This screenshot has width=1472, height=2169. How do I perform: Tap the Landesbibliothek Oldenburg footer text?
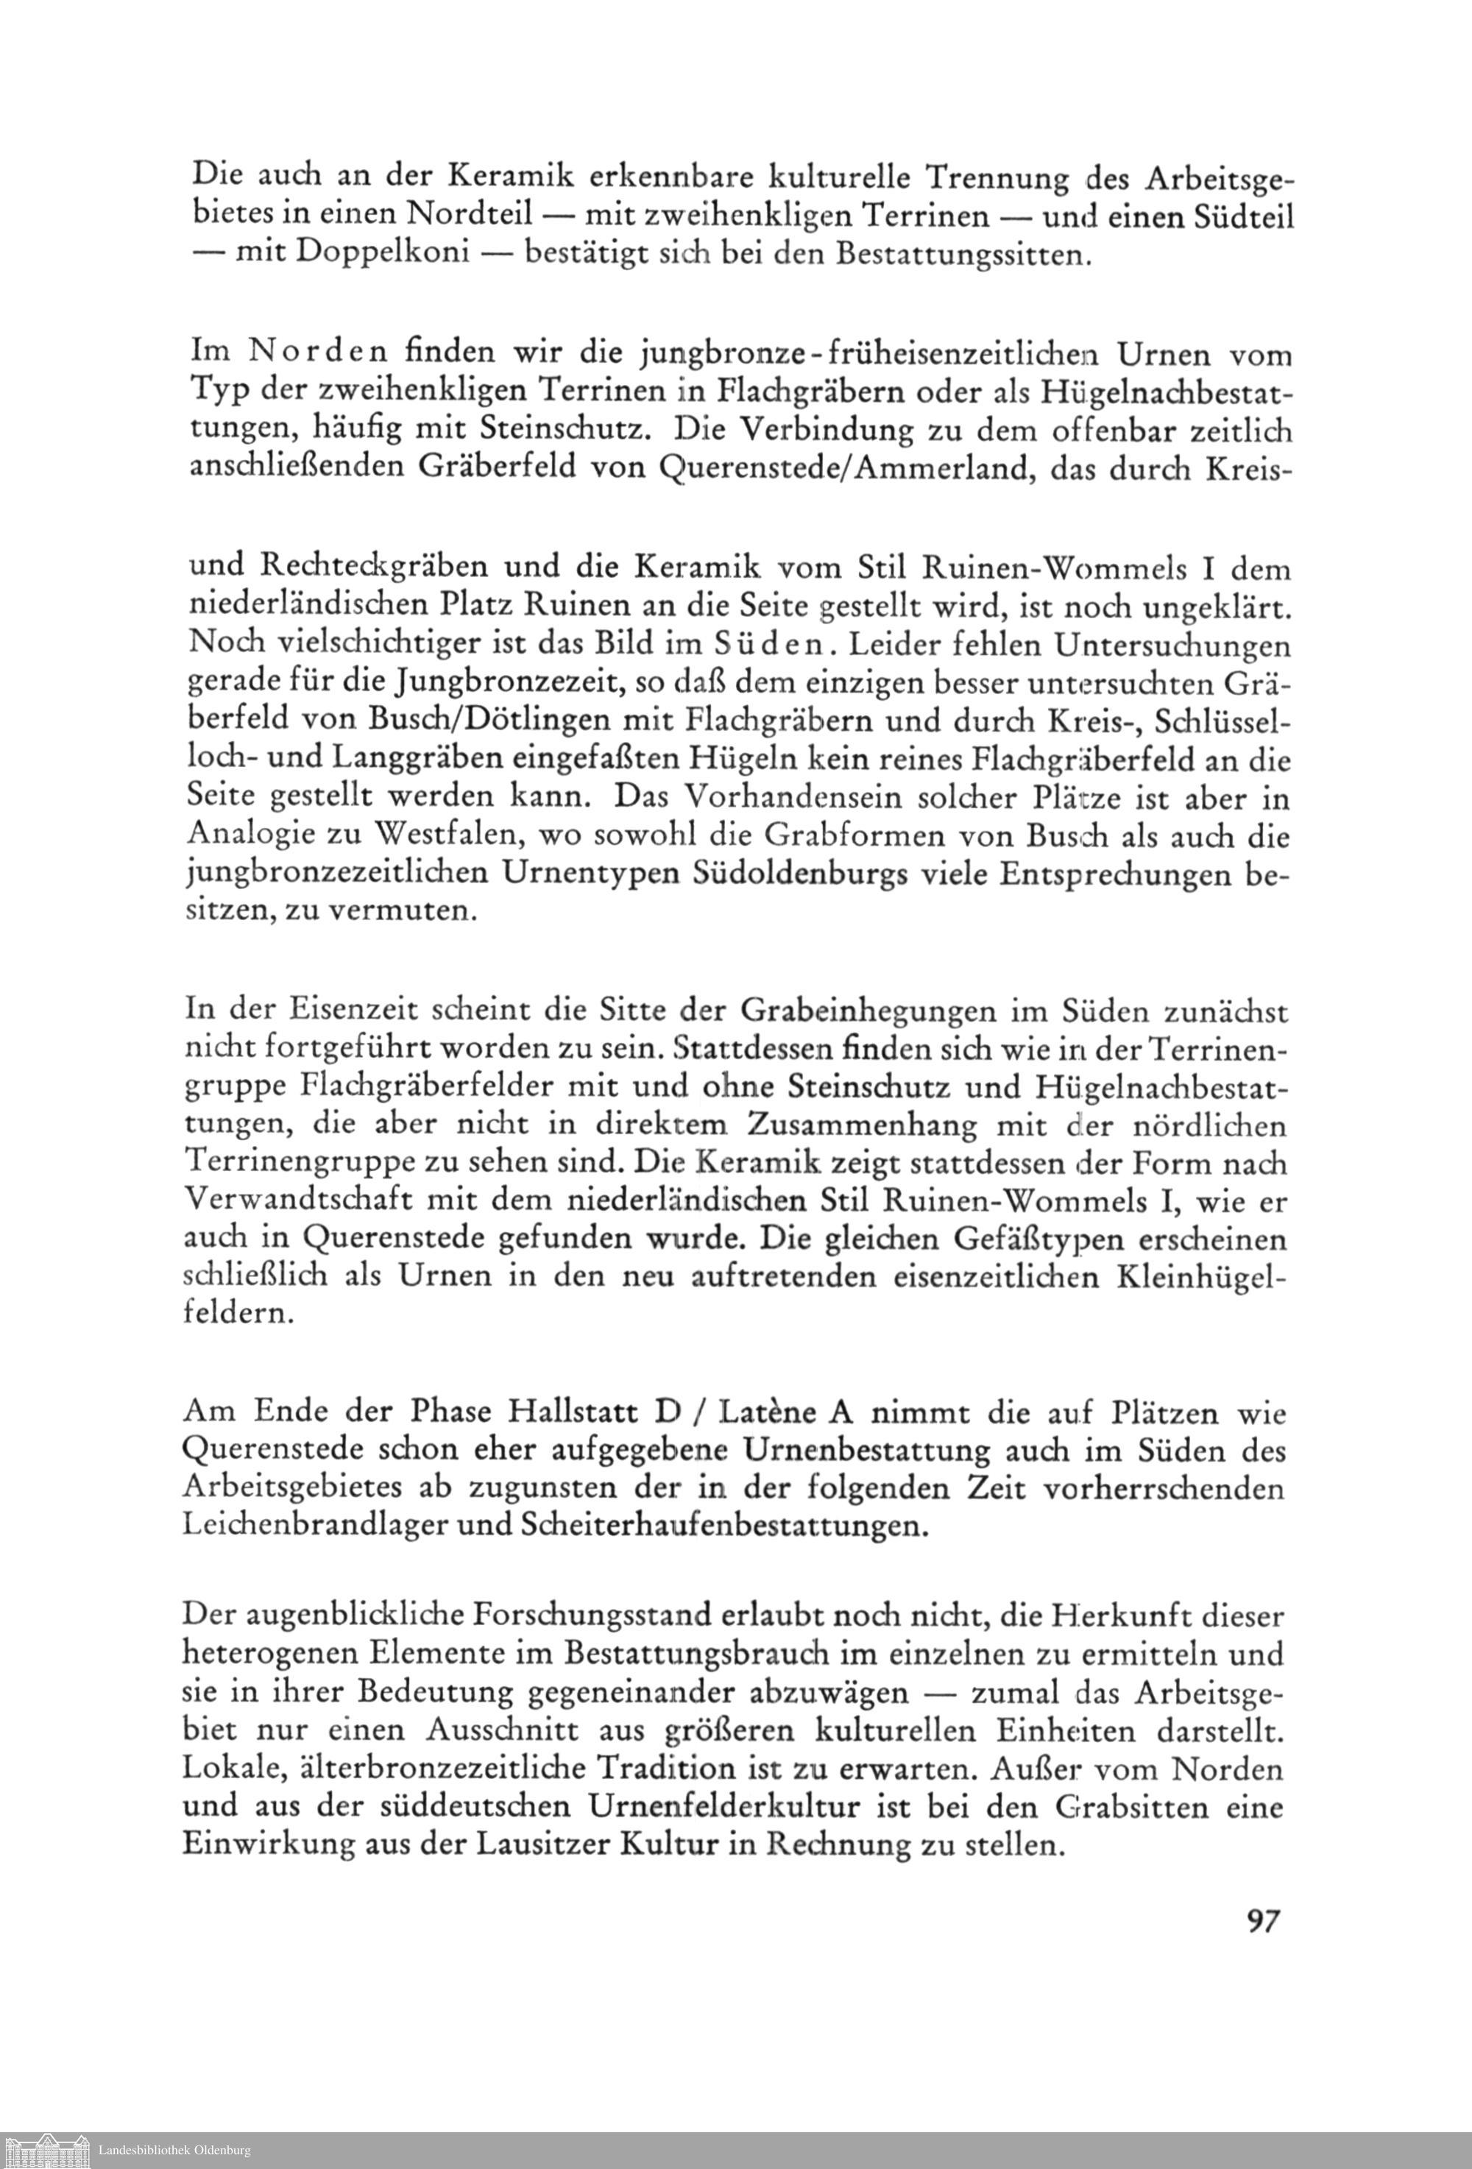pos(174,2151)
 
